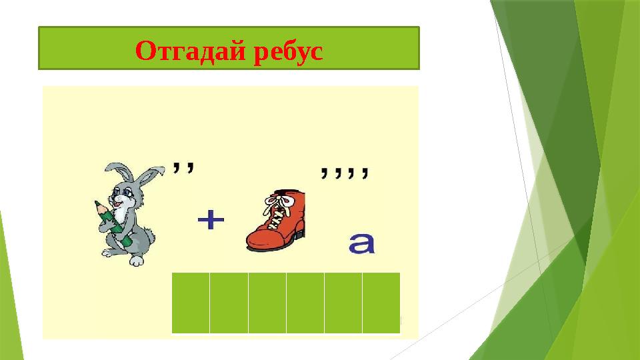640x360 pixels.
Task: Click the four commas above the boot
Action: tap(343, 173)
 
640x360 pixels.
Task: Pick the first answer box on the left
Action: tap(191, 302)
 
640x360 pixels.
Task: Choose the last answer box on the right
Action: tap(381, 302)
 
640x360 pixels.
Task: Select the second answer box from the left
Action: tap(229, 302)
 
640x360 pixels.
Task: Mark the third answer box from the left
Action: tap(267, 302)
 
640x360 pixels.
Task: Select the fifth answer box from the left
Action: tap(343, 302)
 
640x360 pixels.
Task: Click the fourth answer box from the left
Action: tap(305, 302)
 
